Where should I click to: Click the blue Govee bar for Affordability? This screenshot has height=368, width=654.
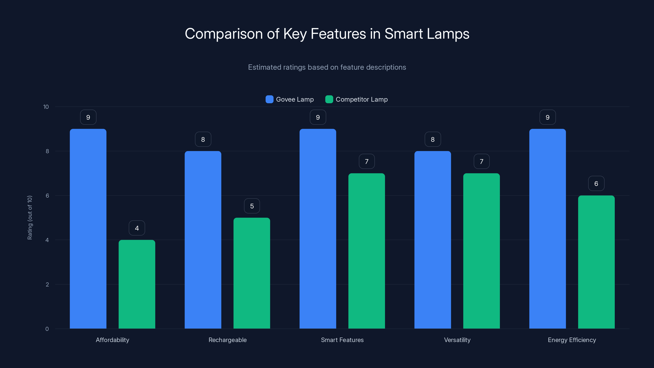[88, 229]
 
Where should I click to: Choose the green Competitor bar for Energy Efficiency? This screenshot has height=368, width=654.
[596, 262]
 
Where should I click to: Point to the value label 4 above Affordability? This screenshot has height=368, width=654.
[137, 228]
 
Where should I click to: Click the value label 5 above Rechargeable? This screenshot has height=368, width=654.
[252, 206]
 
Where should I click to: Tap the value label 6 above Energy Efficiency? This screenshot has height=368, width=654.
[596, 184]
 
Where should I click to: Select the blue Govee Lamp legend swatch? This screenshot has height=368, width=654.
[269, 99]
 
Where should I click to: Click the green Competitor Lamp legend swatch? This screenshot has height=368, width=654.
[329, 99]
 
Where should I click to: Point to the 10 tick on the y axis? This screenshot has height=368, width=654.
[46, 107]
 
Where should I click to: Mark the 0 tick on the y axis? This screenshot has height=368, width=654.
[47, 329]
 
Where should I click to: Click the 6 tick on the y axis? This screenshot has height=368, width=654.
[47, 196]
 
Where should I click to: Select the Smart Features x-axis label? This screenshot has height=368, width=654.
[342, 340]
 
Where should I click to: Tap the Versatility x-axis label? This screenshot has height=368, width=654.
[457, 340]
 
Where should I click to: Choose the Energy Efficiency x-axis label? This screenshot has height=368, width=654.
[572, 340]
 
